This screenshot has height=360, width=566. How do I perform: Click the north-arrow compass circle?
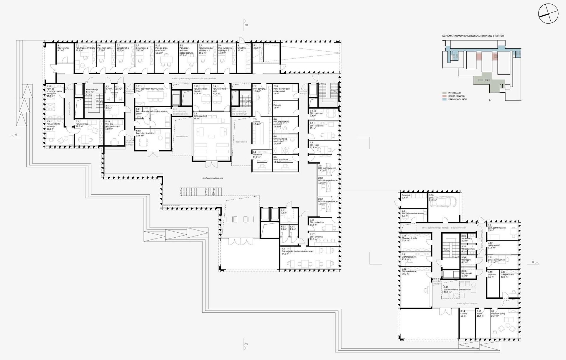(x=548, y=13)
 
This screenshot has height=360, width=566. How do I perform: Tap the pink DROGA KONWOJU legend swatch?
(x=444, y=96)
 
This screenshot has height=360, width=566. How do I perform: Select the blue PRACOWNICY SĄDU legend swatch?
(x=444, y=99)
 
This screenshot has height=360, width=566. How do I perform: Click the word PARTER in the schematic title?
(x=499, y=36)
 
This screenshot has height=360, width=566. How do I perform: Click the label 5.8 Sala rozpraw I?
(x=201, y=115)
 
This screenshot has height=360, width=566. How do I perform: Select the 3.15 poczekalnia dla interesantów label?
(x=457, y=289)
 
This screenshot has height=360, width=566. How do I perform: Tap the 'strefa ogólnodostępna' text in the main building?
(x=213, y=178)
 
